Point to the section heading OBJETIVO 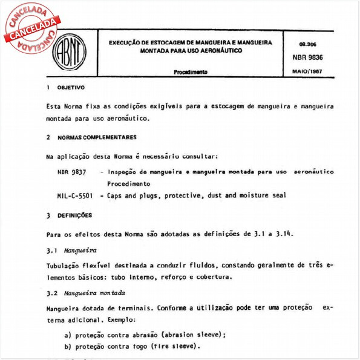point(71,88)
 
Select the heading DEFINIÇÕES point(74,215)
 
